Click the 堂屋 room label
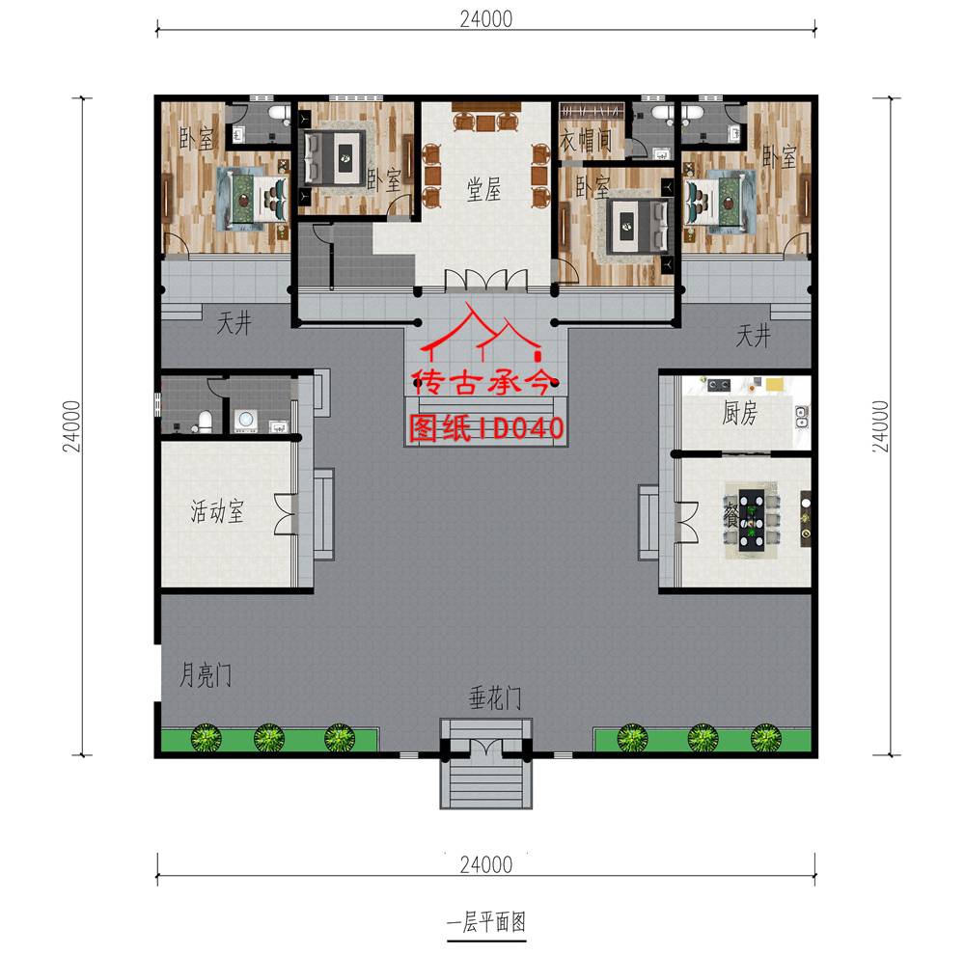pyautogui.click(x=483, y=189)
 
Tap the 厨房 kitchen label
pyautogui.click(x=739, y=413)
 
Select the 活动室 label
pyautogui.click(x=217, y=511)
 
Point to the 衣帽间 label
pyautogui.click(x=586, y=140)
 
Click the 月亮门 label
pyautogui.click(x=206, y=675)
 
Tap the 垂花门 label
pyautogui.click(x=495, y=698)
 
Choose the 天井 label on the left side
pyautogui.click(x=234, y=322)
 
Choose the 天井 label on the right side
pyautogui.click(x=754, y=336)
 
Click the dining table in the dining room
pyautogui.click(x=752, y=518)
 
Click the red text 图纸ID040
pyautogui.click(x=486, y=428)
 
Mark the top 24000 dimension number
pyautogui.click(x=486, y=19)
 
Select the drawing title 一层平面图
pyautogui.click(x=486, y=922)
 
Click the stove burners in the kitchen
pyautogui.click(x=718, y=386)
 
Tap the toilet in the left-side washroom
pyautogui.click(x=204, y=422)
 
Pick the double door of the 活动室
pyautogui.click(x=285, y=514)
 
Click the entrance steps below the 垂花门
pyautogui.click(x=486, y=783)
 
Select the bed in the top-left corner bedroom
pyautogui.click(x=253, y=198)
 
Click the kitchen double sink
pyautogui.click(x=801, y=417)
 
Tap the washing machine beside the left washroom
pyautogui.click(x=245, y=420)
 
